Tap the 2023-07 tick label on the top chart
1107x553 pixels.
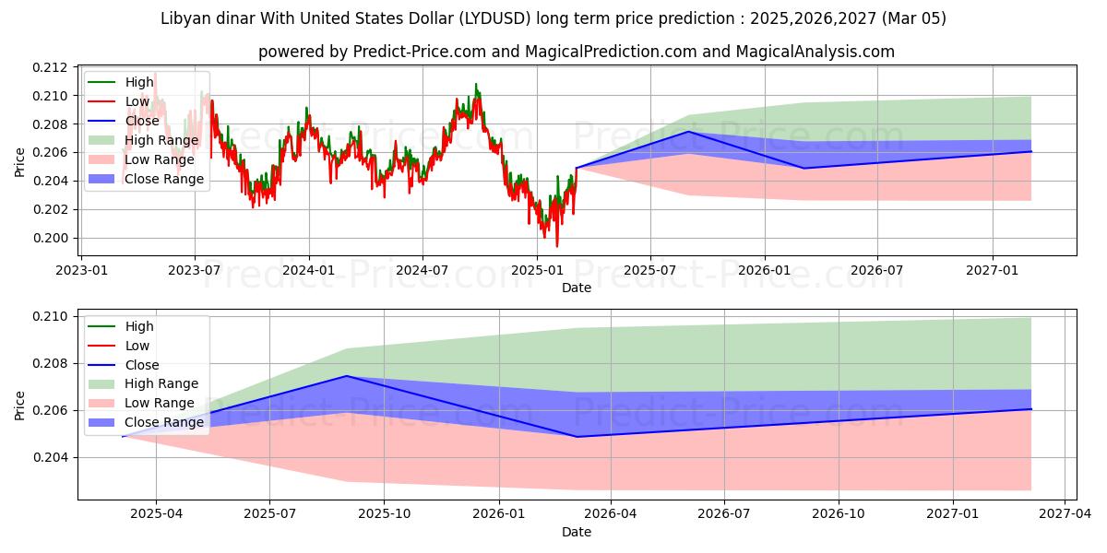[x=195, y=270]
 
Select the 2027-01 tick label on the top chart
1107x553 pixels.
[x=993, y=270]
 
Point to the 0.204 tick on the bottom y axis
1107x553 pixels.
[x=52, y=457]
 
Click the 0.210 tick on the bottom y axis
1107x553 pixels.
[x=52, y=316]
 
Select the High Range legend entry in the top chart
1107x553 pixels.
[x=161, y=140]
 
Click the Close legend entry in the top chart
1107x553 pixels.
[x=142, y=121]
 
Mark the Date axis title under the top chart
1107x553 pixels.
[x=577, y=288]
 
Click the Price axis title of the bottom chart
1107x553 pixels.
[x=20, y=405]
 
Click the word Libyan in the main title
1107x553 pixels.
[x=185, y=18]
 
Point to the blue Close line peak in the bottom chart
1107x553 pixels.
[x=346, y=376]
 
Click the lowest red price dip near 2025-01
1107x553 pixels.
[x=556, y=246]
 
